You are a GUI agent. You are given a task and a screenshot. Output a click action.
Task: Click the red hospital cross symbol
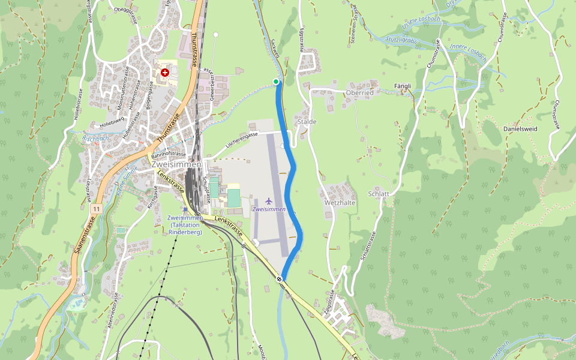(165, 72)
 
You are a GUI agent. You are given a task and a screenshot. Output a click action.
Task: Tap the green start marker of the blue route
(276, 82)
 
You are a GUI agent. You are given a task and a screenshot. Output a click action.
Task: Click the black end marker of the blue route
(280, 278)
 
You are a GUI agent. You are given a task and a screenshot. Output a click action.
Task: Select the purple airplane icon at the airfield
(268, 200)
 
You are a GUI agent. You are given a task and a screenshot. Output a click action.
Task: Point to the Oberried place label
(360, 93)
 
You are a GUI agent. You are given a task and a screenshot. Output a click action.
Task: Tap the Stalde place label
(307, 122)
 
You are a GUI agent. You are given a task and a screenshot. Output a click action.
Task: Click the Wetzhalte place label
(340, 203)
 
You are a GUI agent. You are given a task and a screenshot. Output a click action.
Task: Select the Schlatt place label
(379, 194)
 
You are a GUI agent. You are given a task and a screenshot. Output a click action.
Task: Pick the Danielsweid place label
(520, 129)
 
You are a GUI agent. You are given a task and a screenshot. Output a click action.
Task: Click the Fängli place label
(403, 86)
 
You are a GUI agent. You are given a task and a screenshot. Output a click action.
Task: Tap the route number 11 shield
(96, 208)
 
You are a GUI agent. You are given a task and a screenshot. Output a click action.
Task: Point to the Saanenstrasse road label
(85, 237)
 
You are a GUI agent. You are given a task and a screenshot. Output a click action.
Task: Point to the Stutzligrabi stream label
(402, 41)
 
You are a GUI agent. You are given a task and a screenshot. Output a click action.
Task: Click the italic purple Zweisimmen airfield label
(269, 209)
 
